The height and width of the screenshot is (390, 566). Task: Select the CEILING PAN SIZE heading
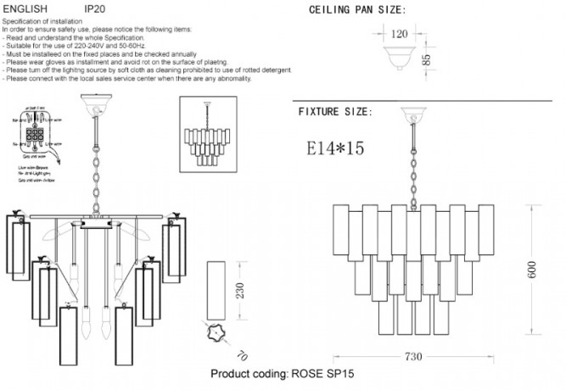[x=356, y=11]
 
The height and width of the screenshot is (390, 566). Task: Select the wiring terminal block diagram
[x=38, y=135]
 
